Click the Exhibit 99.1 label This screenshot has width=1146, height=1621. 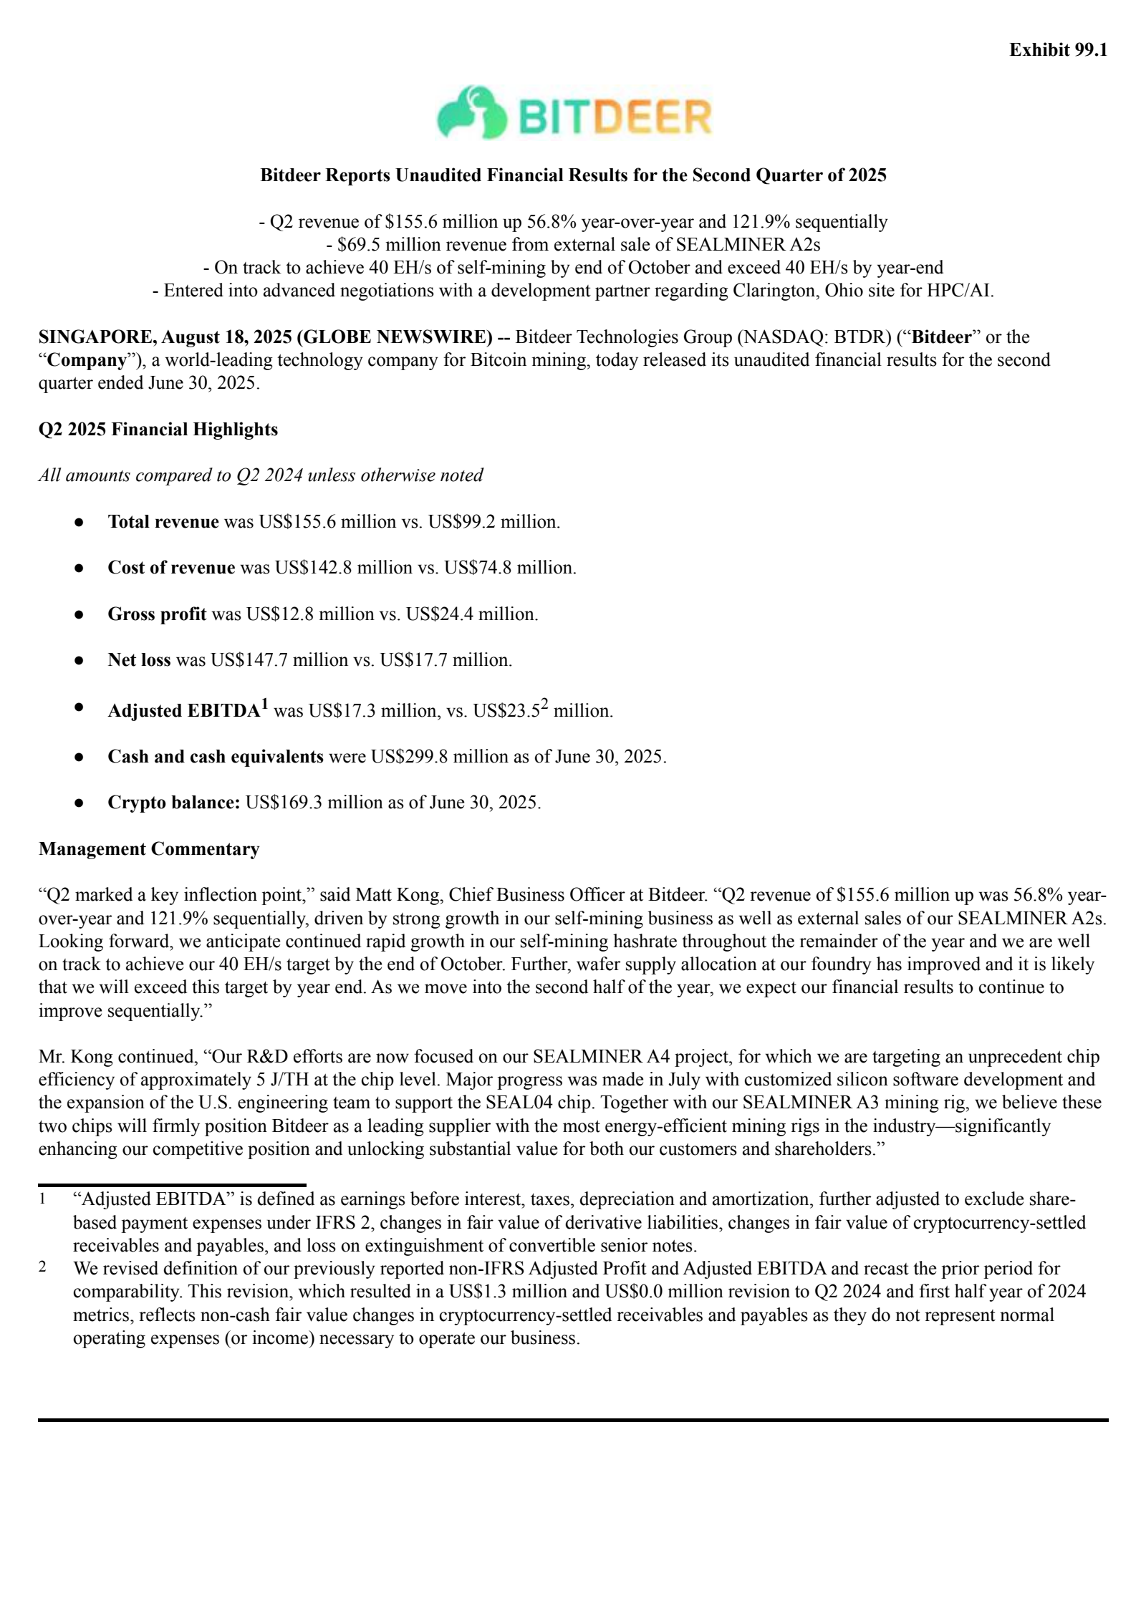pyautogui.click(x=1058, y=49)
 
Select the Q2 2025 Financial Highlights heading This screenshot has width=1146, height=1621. pyautogui.click(x=158, y=430)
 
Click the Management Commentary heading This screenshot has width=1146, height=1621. pyautogui.click(x=149, y=849)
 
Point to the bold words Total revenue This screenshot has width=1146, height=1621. pyautogui.click(x=163, y=522)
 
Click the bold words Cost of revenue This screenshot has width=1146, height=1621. pyautogui.click(x=171, y=568)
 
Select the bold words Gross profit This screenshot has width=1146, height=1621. pyautogui.click(x=157, y=614)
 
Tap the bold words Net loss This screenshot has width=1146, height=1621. pyautogui.click(x=139, y=660)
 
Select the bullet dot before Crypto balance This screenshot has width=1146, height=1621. pyautogui.click(x=80, y=803)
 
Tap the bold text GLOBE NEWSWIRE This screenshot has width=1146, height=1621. pyautogui.click(x=397, y=337)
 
